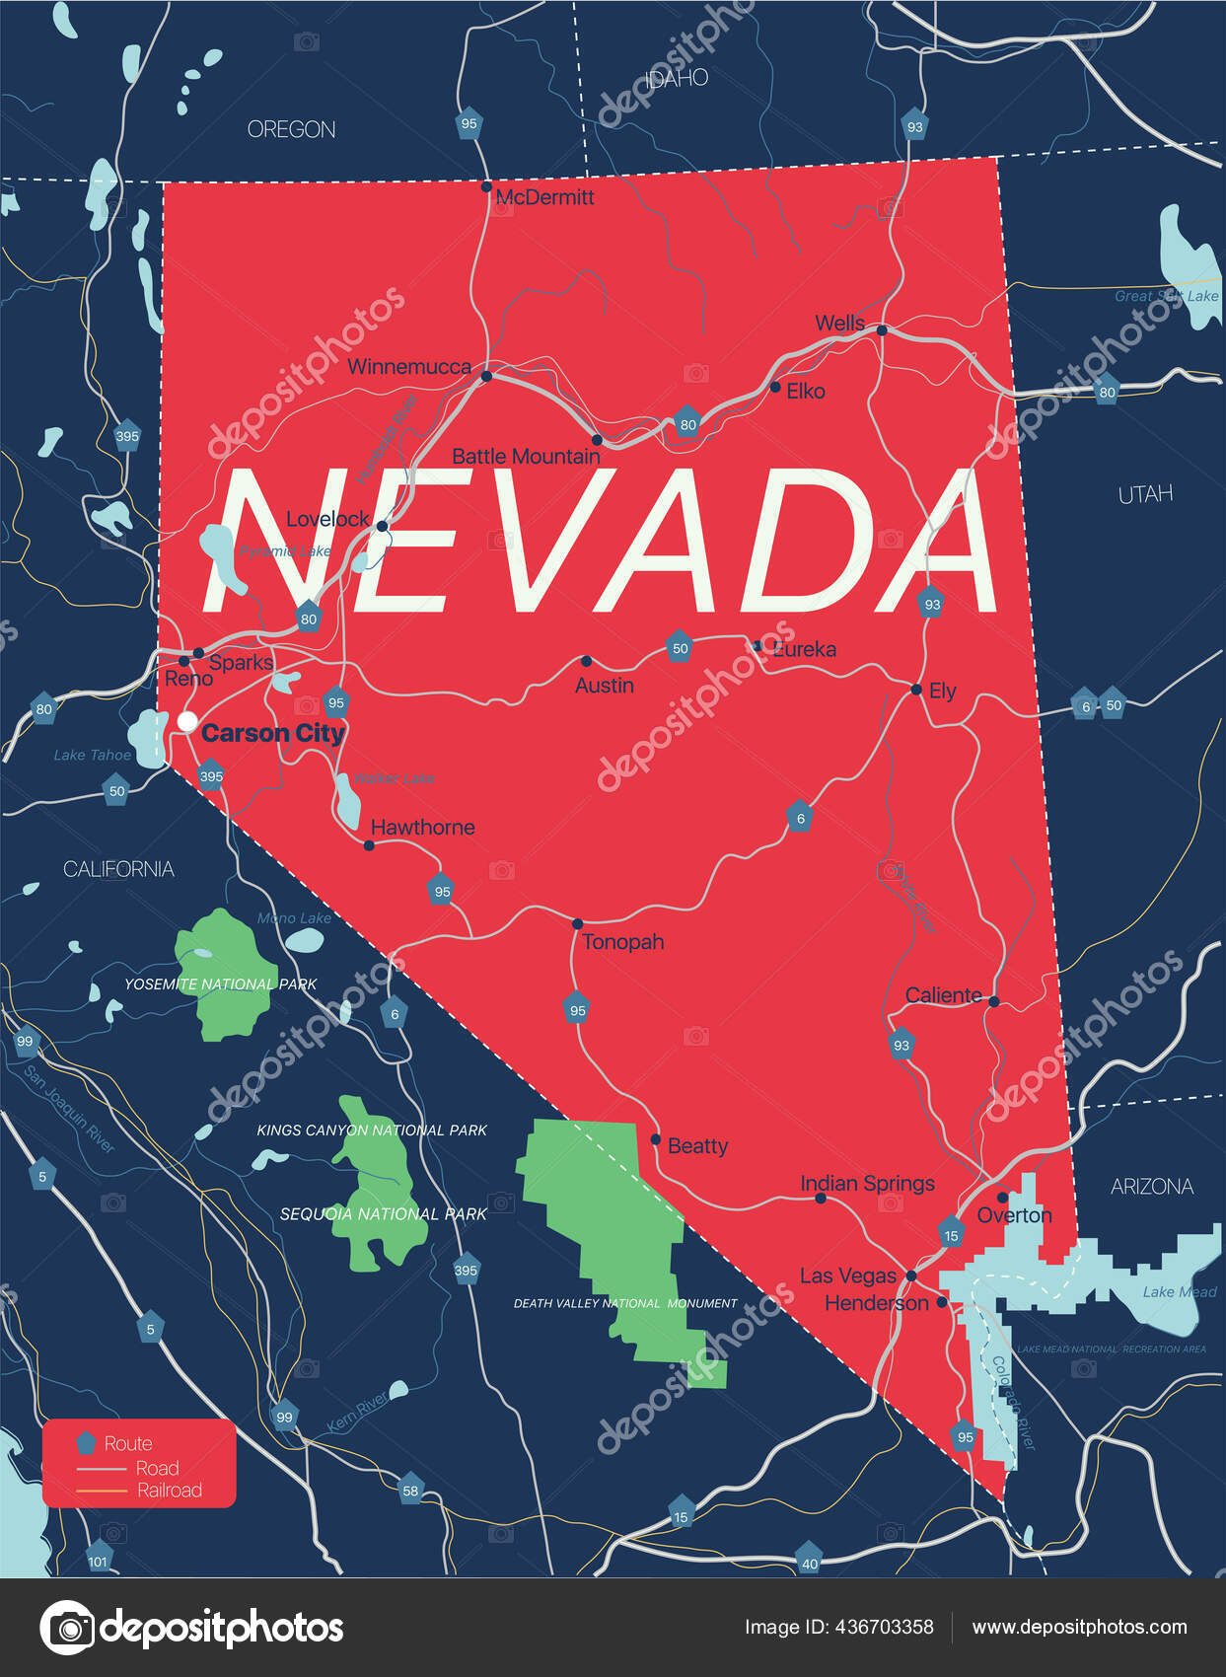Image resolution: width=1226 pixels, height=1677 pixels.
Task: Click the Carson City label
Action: click(272, 733)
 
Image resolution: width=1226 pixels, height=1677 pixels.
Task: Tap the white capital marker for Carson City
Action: click(186, 721)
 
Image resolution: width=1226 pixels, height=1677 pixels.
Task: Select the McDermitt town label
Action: click(544, 197)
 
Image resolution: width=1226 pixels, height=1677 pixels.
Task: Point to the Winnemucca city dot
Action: click(486, 376)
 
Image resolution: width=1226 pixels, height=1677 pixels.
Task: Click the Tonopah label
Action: click(622, 942)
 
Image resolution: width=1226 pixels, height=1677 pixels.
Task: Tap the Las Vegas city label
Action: click(847, 1276)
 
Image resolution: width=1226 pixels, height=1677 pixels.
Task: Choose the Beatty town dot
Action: click(656, 1139)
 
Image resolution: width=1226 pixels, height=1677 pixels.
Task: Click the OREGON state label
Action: click(291, 129)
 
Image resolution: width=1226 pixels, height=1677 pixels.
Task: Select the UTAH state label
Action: click(1145, 494)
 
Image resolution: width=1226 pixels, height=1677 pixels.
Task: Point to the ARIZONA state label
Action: click(1151, 1187)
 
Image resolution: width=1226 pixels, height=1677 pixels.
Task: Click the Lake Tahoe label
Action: click(92, 755)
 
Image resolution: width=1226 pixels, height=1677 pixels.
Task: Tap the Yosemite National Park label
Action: click(220, 984)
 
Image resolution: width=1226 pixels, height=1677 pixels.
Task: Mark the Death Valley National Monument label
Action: click(624, 1303)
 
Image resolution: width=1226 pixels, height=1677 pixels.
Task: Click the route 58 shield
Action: click(410, 1490)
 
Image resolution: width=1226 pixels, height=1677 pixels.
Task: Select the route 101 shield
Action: click(98, 1561)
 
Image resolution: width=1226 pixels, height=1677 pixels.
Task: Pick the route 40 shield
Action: click(809, 1563)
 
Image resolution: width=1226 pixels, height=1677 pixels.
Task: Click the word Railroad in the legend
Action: click(170, 1491)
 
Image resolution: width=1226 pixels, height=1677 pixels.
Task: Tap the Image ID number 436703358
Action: click(884, 1627)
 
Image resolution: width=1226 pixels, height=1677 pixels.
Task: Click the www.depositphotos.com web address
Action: click(1079, 1627)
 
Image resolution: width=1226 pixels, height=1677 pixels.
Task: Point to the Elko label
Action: click(805, 392)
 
